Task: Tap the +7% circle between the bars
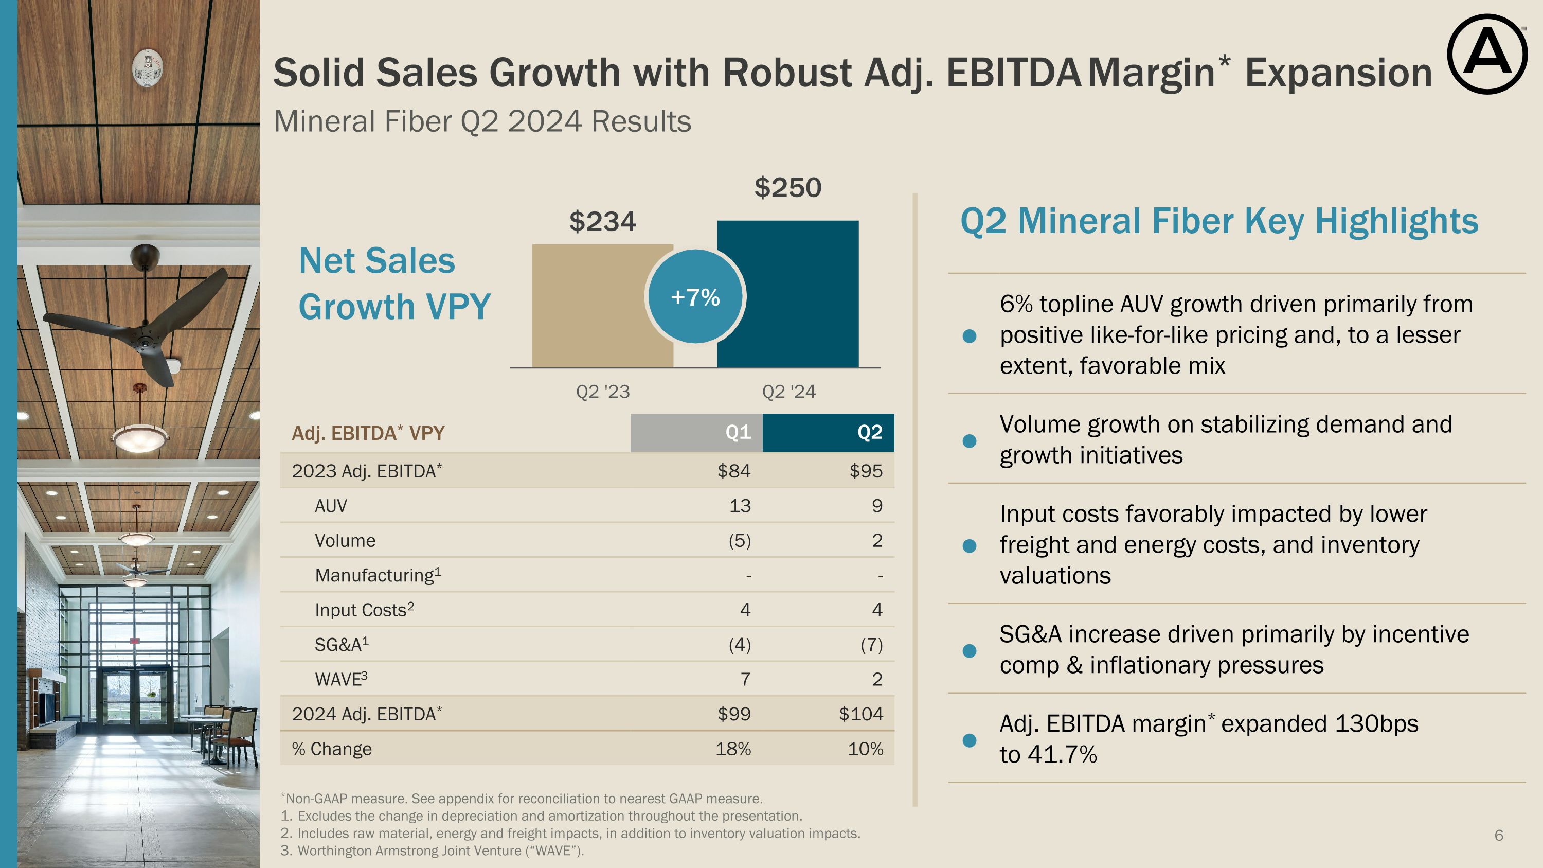tap(695, 296)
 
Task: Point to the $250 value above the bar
tap(787, 187)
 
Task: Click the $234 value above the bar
tap(602, 222)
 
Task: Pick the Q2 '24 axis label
tap(788, 392)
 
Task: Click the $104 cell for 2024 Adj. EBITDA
tap(861, 714)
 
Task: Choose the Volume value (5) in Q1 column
tap(740, 541)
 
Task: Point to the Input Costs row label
tap(364, 610)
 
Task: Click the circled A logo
tap(1487, 55)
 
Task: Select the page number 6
tap(1499, 835)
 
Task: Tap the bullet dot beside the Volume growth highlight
tap(969, 441)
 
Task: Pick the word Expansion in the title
tap(1338, 73)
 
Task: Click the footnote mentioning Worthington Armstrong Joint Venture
tap(432, 851)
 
